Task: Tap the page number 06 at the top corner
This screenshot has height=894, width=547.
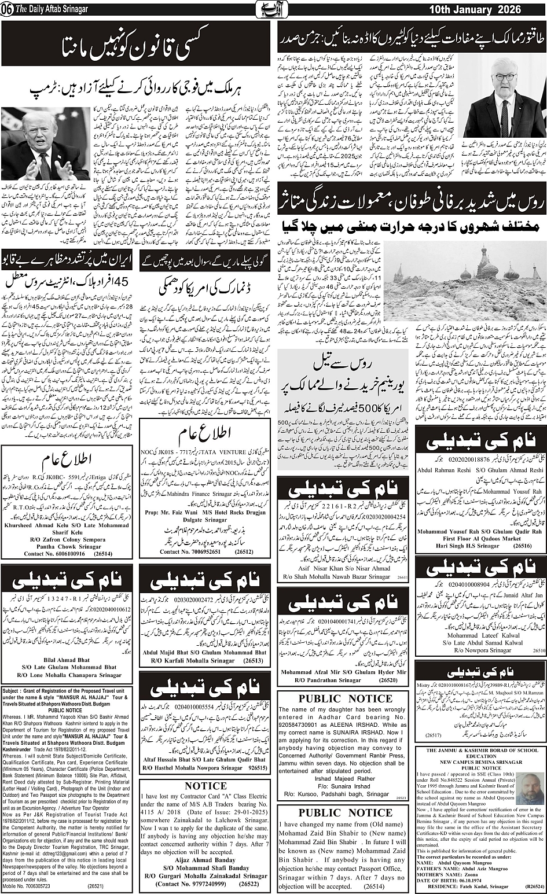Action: (7, 10)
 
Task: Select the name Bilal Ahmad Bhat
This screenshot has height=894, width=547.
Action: (69, 658)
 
